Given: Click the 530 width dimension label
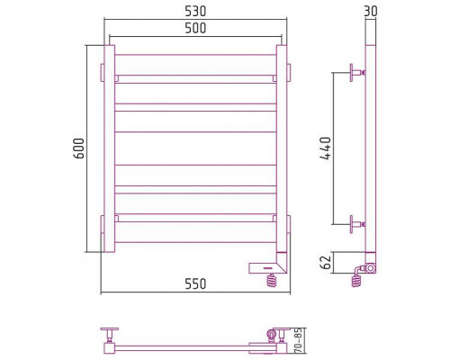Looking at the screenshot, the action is click(x=195, y=12).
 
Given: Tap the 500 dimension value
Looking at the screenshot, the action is click(x=195, y=28).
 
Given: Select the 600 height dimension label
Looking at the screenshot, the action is click(x=79, y=148).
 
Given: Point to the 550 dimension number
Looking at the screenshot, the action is click(x=195, y=283).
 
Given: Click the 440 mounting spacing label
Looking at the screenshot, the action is click(x=326, y=148).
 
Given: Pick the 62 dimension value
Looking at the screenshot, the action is click(x=326, y=262).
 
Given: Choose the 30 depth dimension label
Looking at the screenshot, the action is click(x=371, y=12).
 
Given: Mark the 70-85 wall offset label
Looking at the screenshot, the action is click(x=298, y=340).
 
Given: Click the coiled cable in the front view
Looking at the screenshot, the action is click(x=272, y=281).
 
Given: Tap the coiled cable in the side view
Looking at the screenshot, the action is click(x=357, y=279).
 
